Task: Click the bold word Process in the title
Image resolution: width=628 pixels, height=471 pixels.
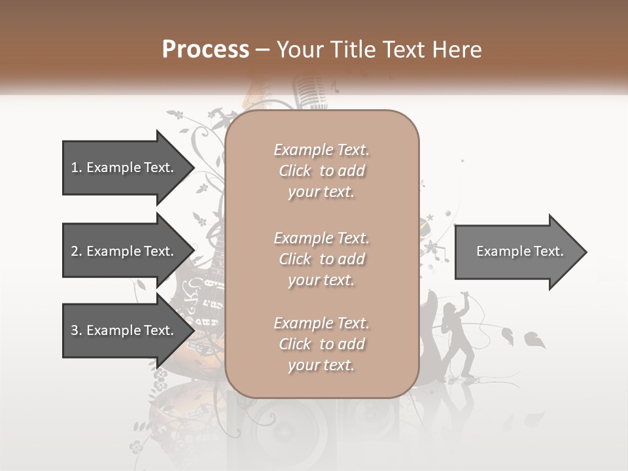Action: (205, 50)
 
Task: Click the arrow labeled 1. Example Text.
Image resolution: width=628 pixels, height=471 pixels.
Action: (124, 167)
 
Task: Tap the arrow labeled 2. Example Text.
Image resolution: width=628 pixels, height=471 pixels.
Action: (124, 251)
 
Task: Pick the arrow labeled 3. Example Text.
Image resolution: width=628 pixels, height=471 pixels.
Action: (124, 330)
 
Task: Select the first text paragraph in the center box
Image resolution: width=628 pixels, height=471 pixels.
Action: (321, 171)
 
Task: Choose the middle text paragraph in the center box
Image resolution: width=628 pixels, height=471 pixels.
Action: (321, 259)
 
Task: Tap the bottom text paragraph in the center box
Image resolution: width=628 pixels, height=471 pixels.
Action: (321, 344)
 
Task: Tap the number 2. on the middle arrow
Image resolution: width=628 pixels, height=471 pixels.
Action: (77, 251)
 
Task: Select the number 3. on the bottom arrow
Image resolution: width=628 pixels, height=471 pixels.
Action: (77, 330)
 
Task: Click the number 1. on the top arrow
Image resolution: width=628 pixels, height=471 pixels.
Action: (77, 167)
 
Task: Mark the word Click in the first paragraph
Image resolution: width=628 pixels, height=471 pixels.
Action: (295, 171)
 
